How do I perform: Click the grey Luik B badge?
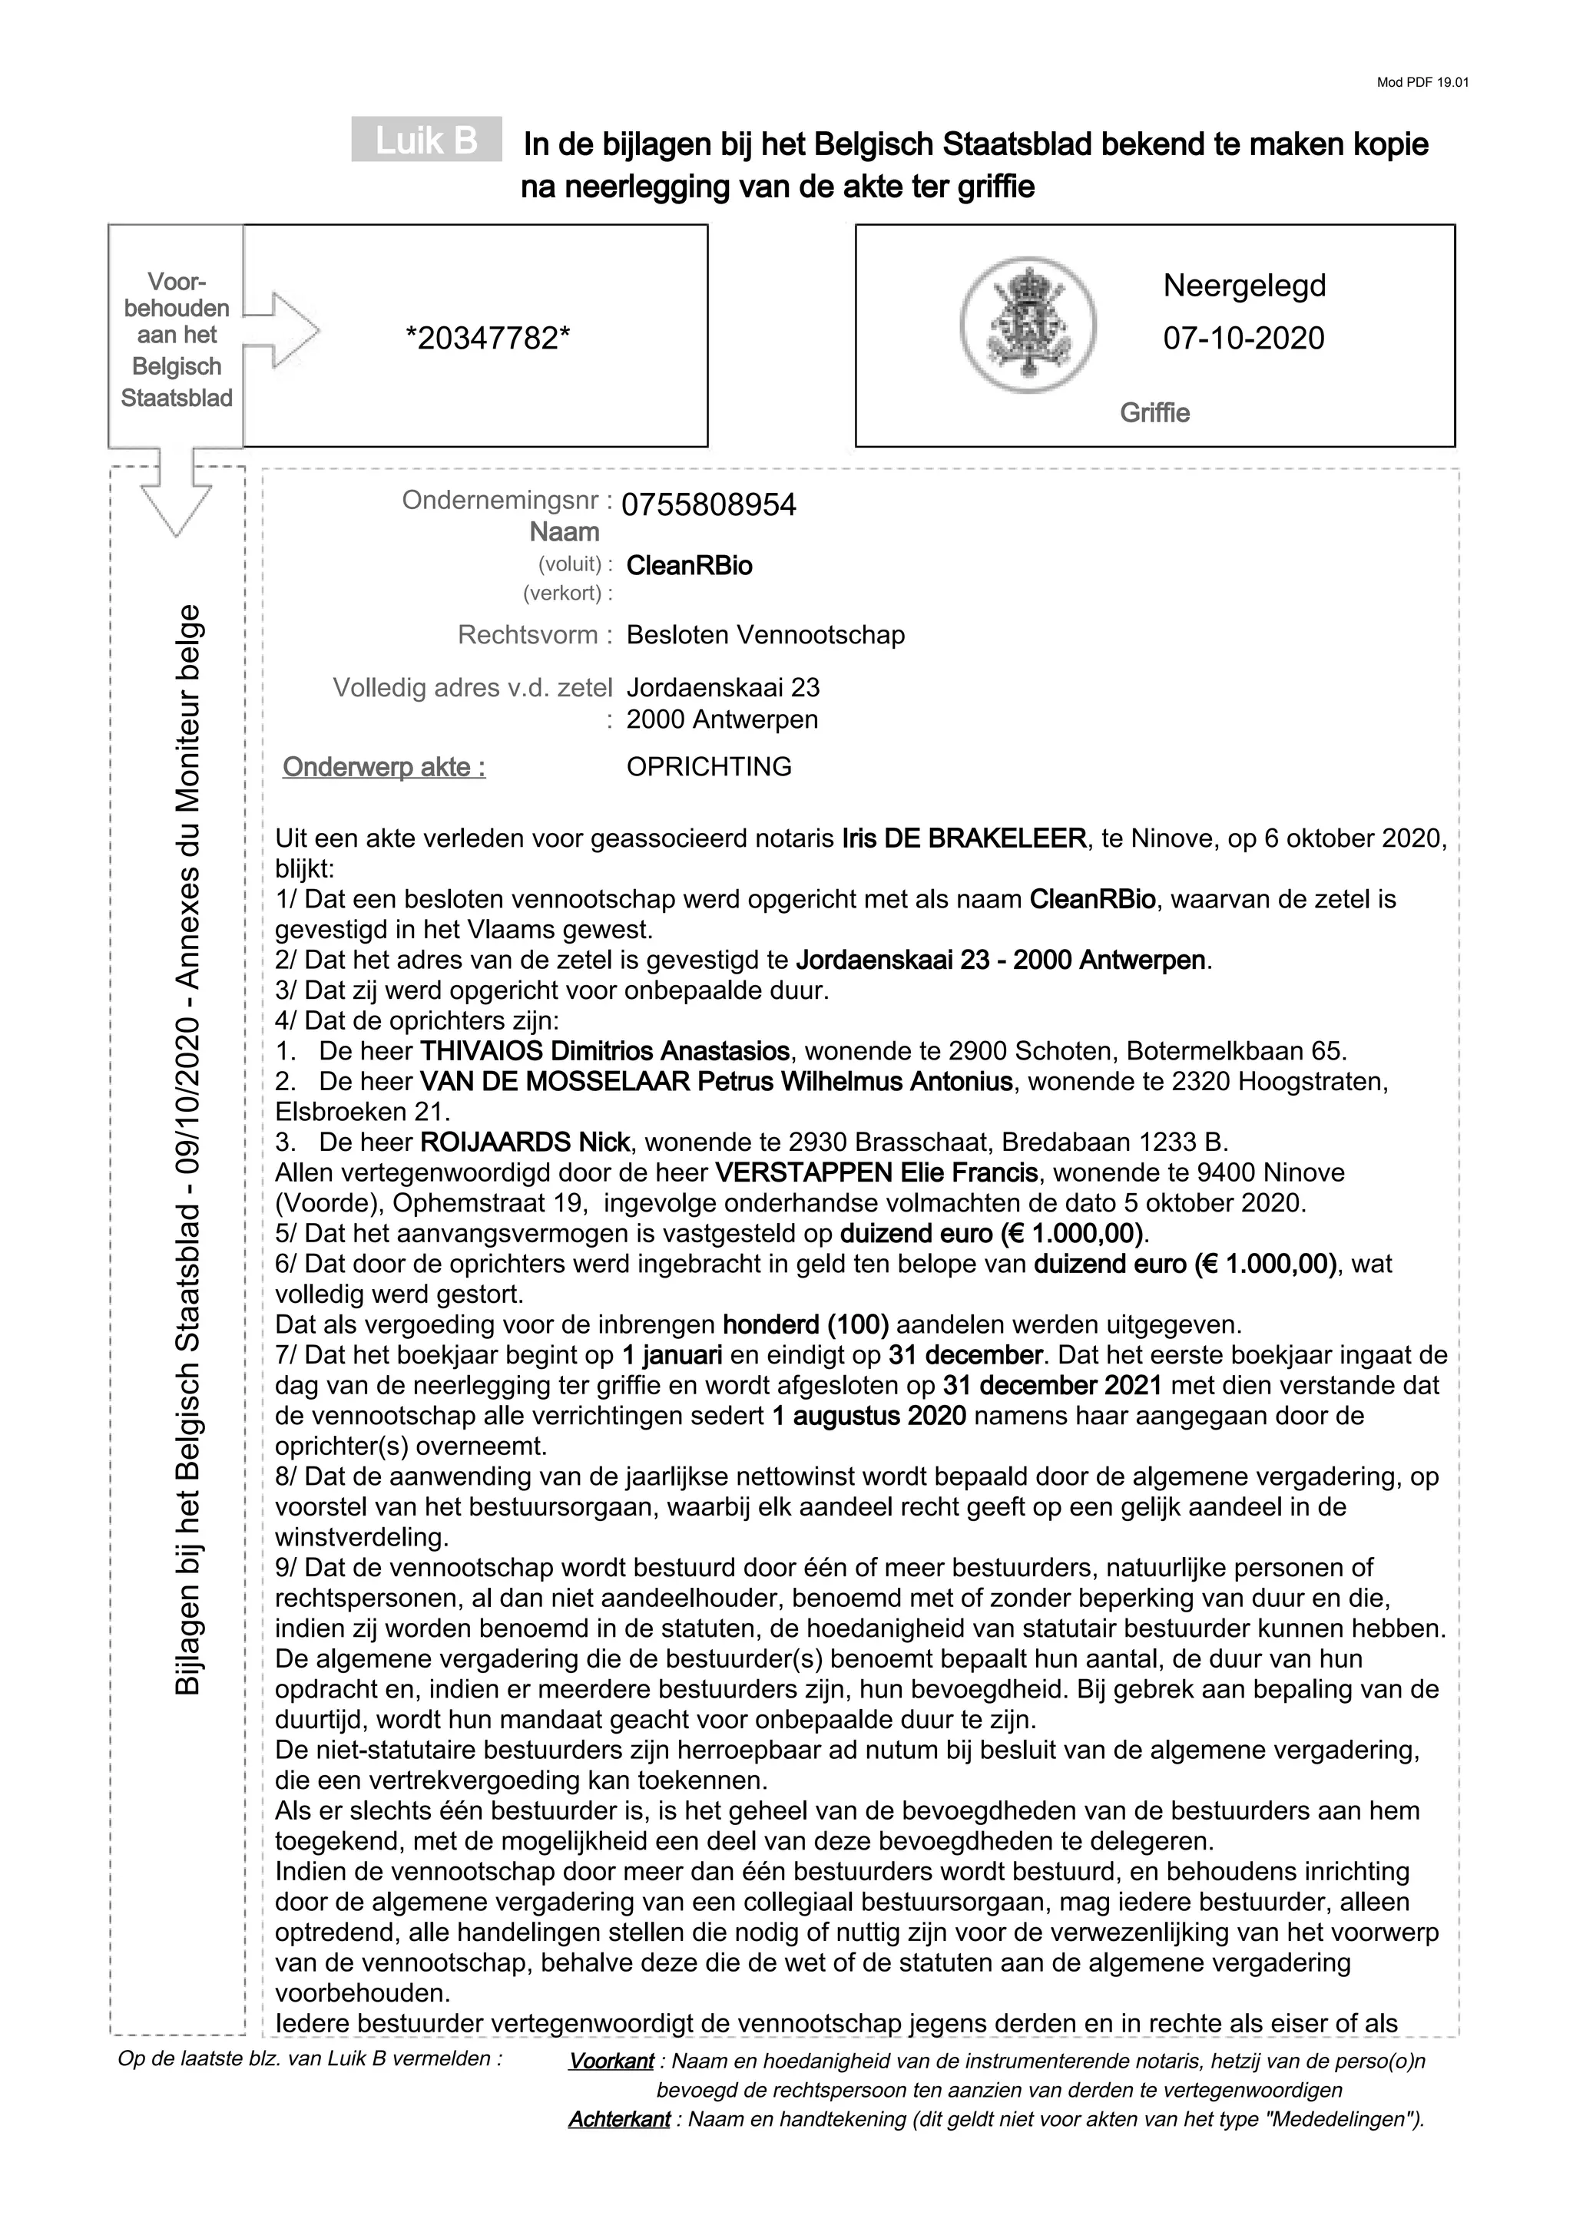pyautogui.click(x=426, y=141)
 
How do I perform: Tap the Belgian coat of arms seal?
pyautogui.click(x=1028, y=325)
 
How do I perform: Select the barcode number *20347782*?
pyautogui.click(x=488, y=339)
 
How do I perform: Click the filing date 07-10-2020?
pyautogui.click(x=1243, y=339)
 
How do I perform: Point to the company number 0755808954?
pyautogui.click(x=708, y=505)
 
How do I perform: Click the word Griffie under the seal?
pyautogui.click(x=1154, y=413)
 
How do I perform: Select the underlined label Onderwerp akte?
pyautogui.click(x=384, y=768)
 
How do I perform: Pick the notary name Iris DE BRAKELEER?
pyautogui.click(x=965, y=838)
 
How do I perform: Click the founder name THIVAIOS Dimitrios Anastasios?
pyautogui.click(x=604, y=1051)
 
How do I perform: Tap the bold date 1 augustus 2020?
pyautogui.click(x=869, y=1416)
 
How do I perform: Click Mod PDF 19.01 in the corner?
pyautogui.click(x=1422, y=82)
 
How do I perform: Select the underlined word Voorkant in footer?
pyautogui.click(x=611, y=2061)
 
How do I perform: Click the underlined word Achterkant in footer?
pyautogui.click(x=618, y=2119)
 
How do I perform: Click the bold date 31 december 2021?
pyautogui.click(x=1051, y=1386)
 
